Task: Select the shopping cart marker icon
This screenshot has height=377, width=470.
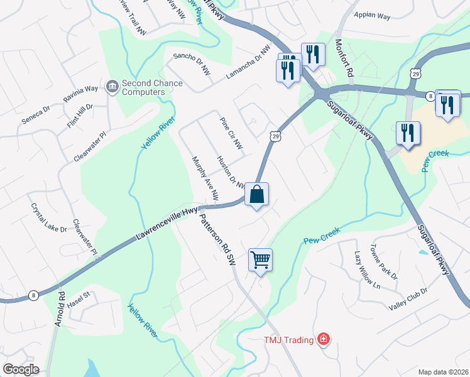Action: (260, 259)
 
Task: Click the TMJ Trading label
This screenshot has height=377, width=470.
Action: (288, 340)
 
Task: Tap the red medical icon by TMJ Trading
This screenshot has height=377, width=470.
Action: (324, 340)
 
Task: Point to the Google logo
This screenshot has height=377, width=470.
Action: (21, 369)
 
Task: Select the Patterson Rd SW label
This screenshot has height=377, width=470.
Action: (217, 239)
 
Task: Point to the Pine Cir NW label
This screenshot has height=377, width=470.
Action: (231, 133)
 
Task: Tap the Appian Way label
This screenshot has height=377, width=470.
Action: (372, 15)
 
